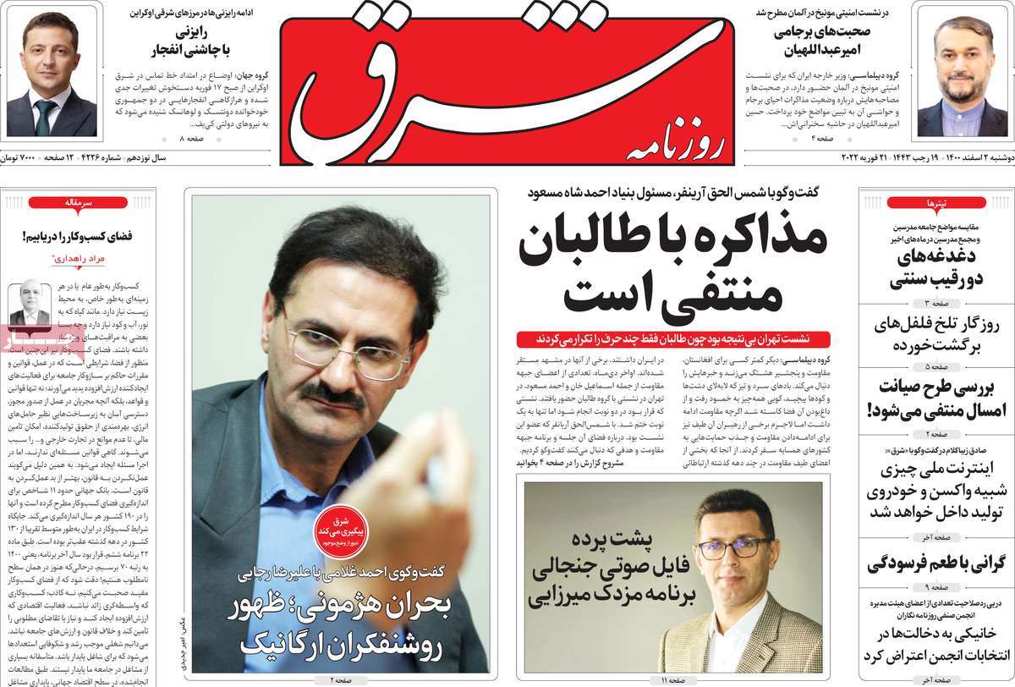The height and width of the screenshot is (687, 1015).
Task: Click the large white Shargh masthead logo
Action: [507, 80]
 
